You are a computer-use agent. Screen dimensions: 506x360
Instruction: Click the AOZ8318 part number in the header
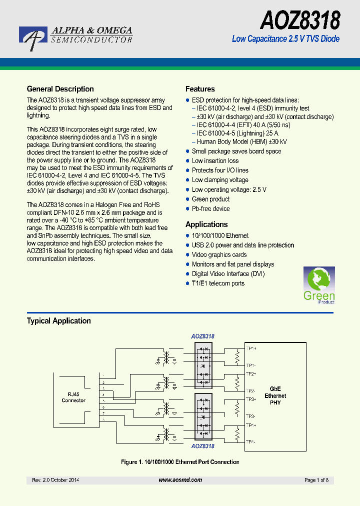pos(300,20)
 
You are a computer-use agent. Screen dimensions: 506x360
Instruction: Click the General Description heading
pos(60,89)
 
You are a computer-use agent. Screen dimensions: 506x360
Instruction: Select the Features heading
pos(200,89)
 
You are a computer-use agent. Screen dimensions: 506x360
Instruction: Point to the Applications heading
pos(206,224)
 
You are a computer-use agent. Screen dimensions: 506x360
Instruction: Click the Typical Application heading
pos(58,321)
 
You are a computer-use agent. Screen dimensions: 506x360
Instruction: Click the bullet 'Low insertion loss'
pos(215,161)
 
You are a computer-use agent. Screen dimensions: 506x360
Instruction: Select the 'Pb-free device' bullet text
pos(210,208)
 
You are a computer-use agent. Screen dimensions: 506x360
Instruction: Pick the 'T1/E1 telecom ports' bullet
pos(218,283)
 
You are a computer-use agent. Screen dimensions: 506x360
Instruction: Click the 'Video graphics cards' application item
pos(219,255)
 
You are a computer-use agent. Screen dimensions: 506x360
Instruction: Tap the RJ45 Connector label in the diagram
pos(73,397)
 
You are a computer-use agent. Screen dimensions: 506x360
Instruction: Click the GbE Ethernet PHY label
pos(275,395)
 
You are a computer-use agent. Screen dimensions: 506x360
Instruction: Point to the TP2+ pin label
pos(250,373)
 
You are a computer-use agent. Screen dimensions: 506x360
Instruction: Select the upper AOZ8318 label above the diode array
pos(202,336)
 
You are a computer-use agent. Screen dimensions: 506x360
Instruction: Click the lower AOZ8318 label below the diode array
pos(202,446)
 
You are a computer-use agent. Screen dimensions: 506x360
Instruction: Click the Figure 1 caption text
pos(180,462)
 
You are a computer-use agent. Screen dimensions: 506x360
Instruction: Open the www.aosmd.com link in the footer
pos(180,480)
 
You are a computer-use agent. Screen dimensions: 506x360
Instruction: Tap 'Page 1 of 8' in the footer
pos(316,480)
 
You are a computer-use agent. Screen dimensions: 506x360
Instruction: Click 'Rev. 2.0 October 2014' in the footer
pos(55,480)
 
